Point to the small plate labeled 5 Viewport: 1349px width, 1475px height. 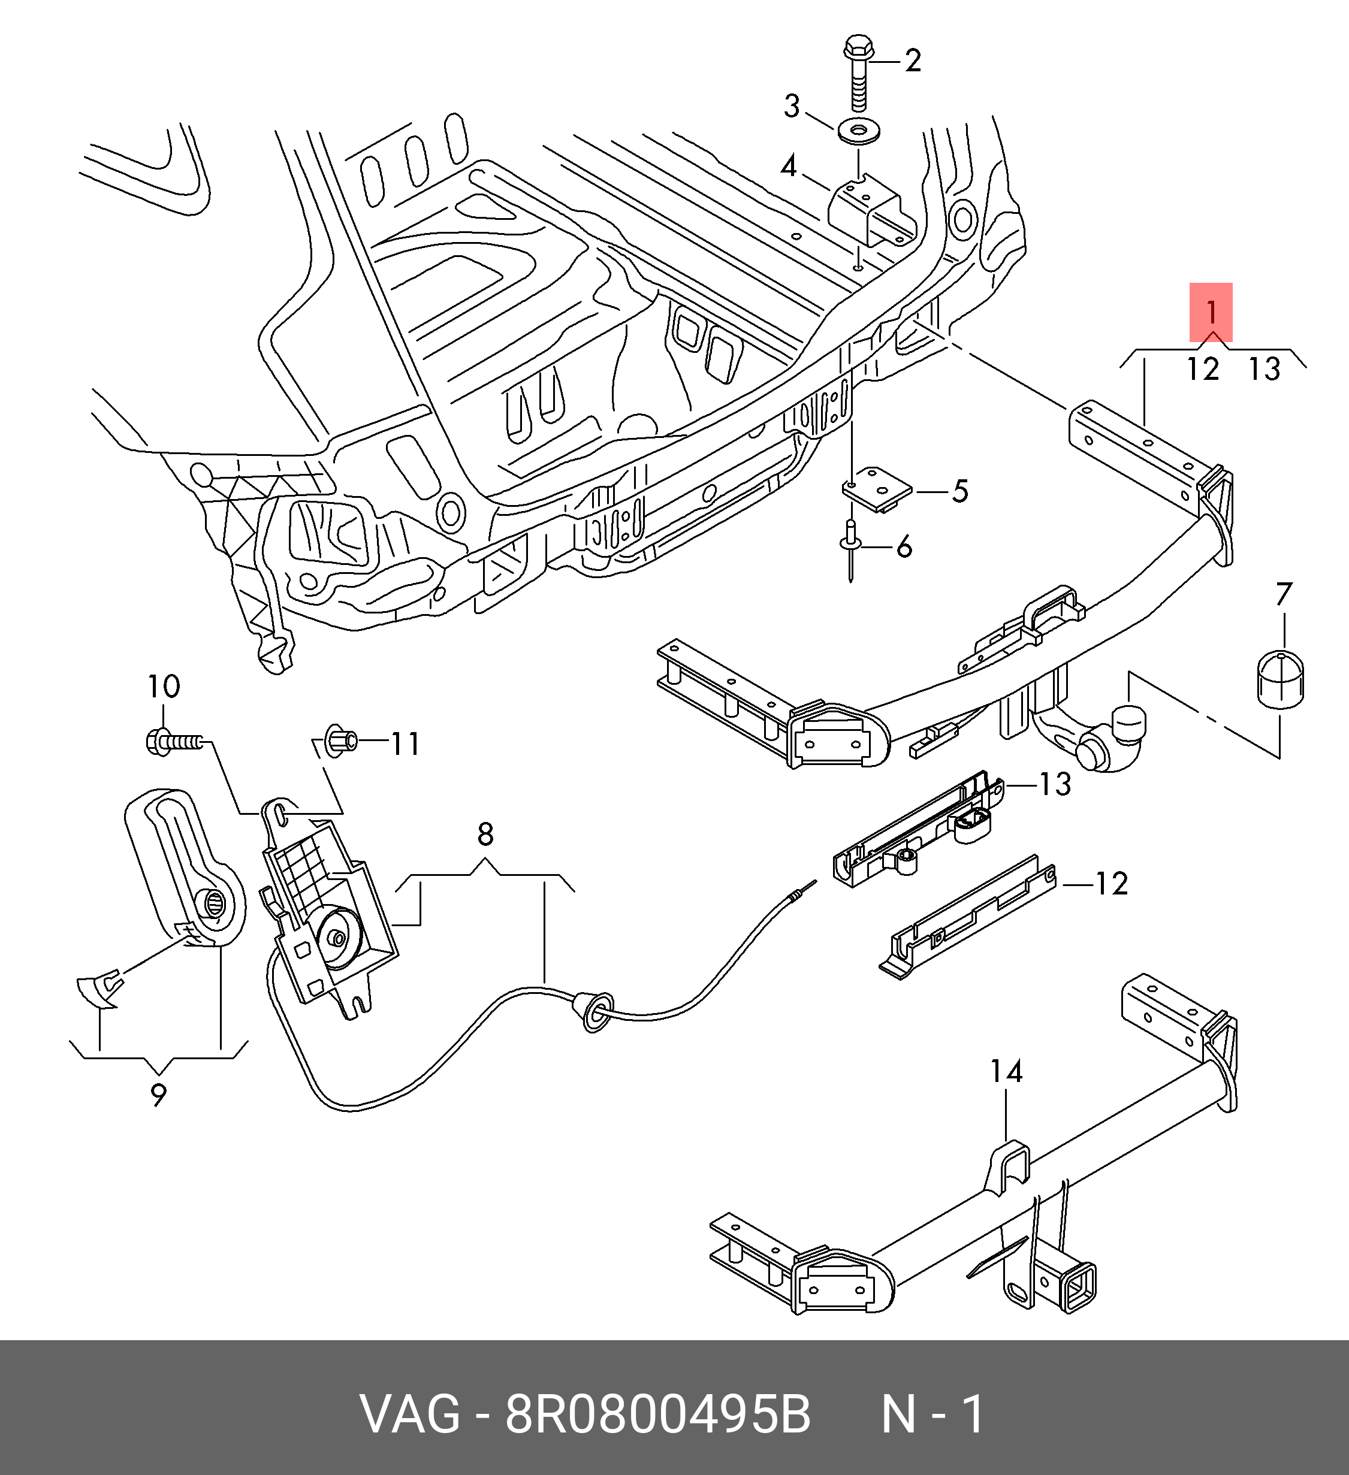pyautogui.click(x=876, y=490)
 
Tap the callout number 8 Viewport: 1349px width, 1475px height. pyautogui.click(x=485, y=833)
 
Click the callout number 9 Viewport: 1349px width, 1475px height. pyautogui.click(x=158, y=1095)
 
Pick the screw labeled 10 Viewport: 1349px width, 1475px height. pyautogui.click(x=171, y=743)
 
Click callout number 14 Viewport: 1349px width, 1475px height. pyautogui.click(x=1006, y=1072)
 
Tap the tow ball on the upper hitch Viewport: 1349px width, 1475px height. pyautogui.click(x=1127, y=725)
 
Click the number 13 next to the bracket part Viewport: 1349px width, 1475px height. pyautogui.click(x=1055, y=784)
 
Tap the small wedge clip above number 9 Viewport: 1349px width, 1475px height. pyautogui.click(x=101, y=989)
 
